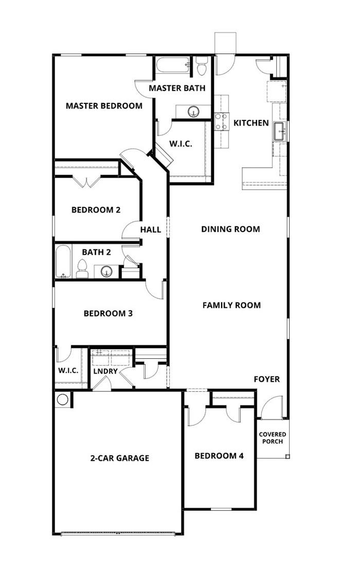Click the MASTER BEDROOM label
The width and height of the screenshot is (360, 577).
[x=104, y=106]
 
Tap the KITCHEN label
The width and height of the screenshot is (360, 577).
[x=251, y=123]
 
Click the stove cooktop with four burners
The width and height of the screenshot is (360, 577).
[x=222, y=122]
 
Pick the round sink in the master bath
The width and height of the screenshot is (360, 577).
[x=194, y=111]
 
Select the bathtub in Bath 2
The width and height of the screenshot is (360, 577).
[x=64, y=261]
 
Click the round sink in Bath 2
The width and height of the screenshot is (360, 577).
[x=107, y=271]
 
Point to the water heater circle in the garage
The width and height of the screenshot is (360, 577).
[x=63, y=399]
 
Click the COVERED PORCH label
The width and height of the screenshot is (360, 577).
[x=272, y=438]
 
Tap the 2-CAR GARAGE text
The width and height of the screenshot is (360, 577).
[x=119, y=458]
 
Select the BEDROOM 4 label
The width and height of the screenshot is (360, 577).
[x=219, y=456]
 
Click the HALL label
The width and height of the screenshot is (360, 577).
[x=151, y=230]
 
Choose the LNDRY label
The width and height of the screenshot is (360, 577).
[x=105, y=371]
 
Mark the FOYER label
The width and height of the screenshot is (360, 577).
[x=267, y=379]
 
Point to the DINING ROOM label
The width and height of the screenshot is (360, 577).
[x=230, y=229]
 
